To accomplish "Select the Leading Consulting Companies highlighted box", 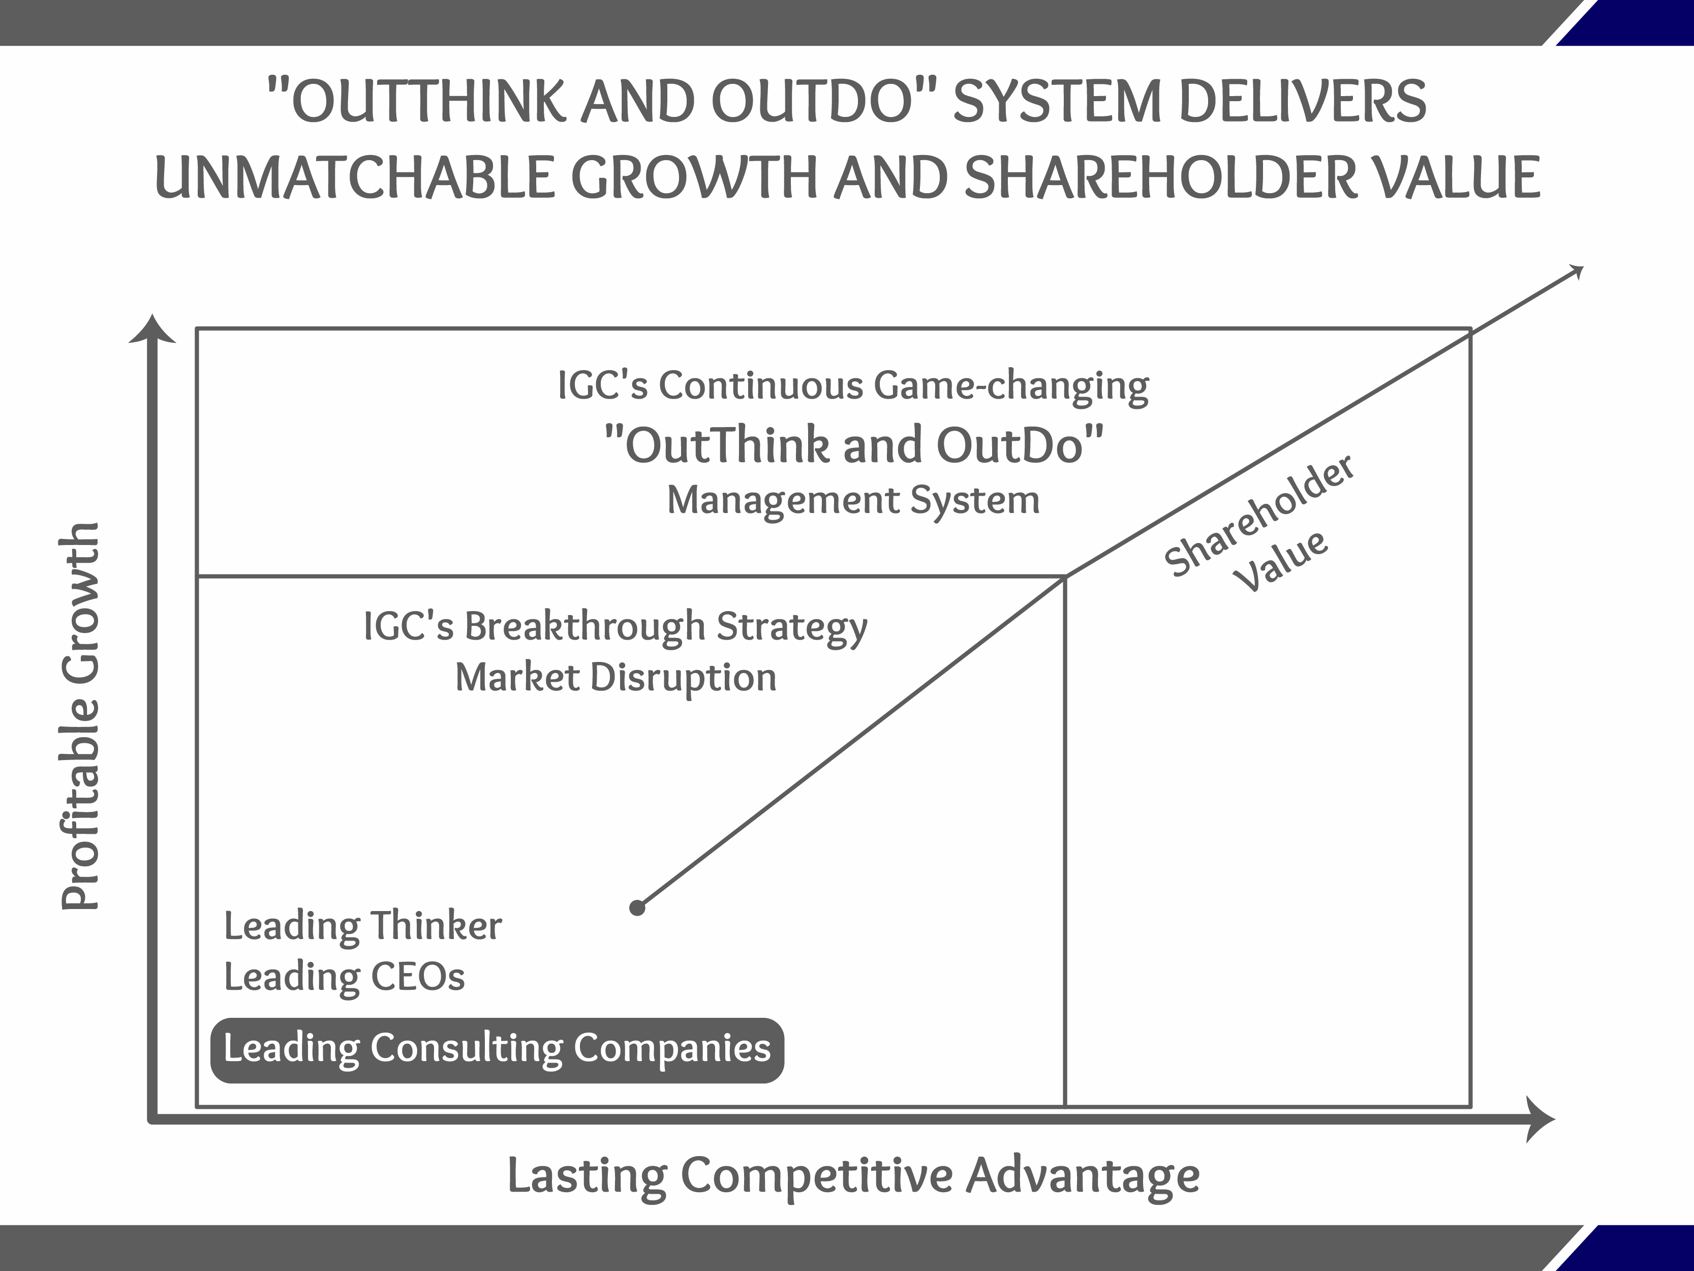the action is click(497, 1049).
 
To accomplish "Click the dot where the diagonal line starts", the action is click(637, 908).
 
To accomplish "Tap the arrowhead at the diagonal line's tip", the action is click(1576, 271).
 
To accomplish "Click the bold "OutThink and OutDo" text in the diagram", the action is click(853, 446).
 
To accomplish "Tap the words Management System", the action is click(853, 500).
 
